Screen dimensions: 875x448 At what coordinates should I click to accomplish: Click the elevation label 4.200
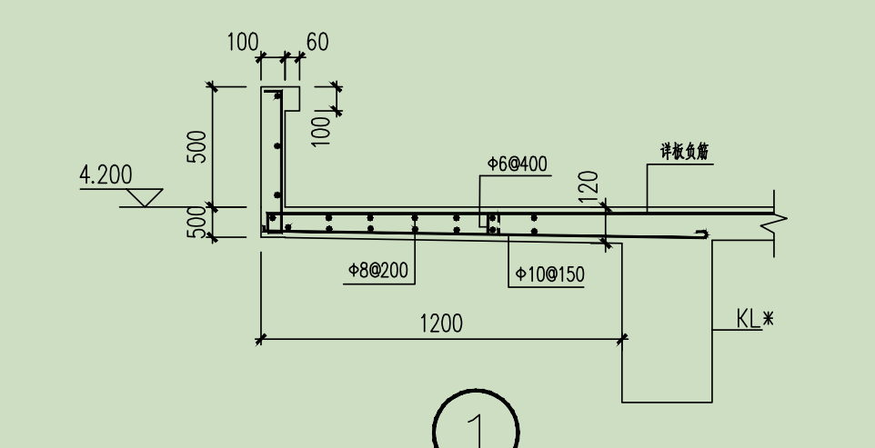click(106, 175)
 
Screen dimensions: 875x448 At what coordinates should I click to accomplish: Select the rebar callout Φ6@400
click(518, 164)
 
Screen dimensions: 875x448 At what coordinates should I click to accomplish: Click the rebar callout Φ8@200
click(378, 271)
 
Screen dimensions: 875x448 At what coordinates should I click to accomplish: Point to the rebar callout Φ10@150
click(549, 274)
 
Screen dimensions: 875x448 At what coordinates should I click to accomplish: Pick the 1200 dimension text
click(441, 324)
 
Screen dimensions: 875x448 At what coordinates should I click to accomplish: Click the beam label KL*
click(755, 319)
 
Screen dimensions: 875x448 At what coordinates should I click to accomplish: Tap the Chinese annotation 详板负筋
click(685, 151)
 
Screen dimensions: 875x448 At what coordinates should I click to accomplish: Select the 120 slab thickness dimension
click(589, 186)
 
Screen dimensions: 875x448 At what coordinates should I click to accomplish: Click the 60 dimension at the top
click(317, 42)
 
